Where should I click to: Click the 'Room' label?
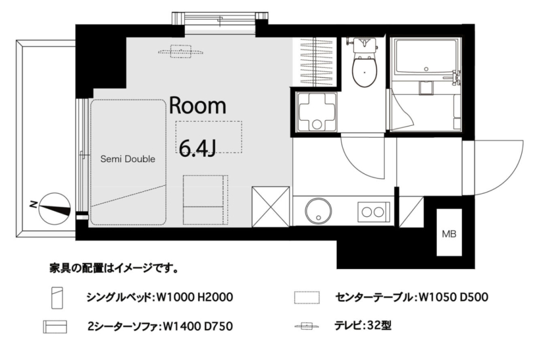(x=198, y=105)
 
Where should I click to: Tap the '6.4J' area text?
(x=198, y=147)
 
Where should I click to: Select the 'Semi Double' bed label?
(x=127, y=159)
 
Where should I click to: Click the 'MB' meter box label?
(x=449, y=234)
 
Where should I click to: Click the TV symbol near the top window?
(x=182, y=52)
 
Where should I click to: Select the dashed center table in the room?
(x=208, y=136)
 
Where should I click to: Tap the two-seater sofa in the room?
(x=205, y=199)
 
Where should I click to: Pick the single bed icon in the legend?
(x=57, y=297)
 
